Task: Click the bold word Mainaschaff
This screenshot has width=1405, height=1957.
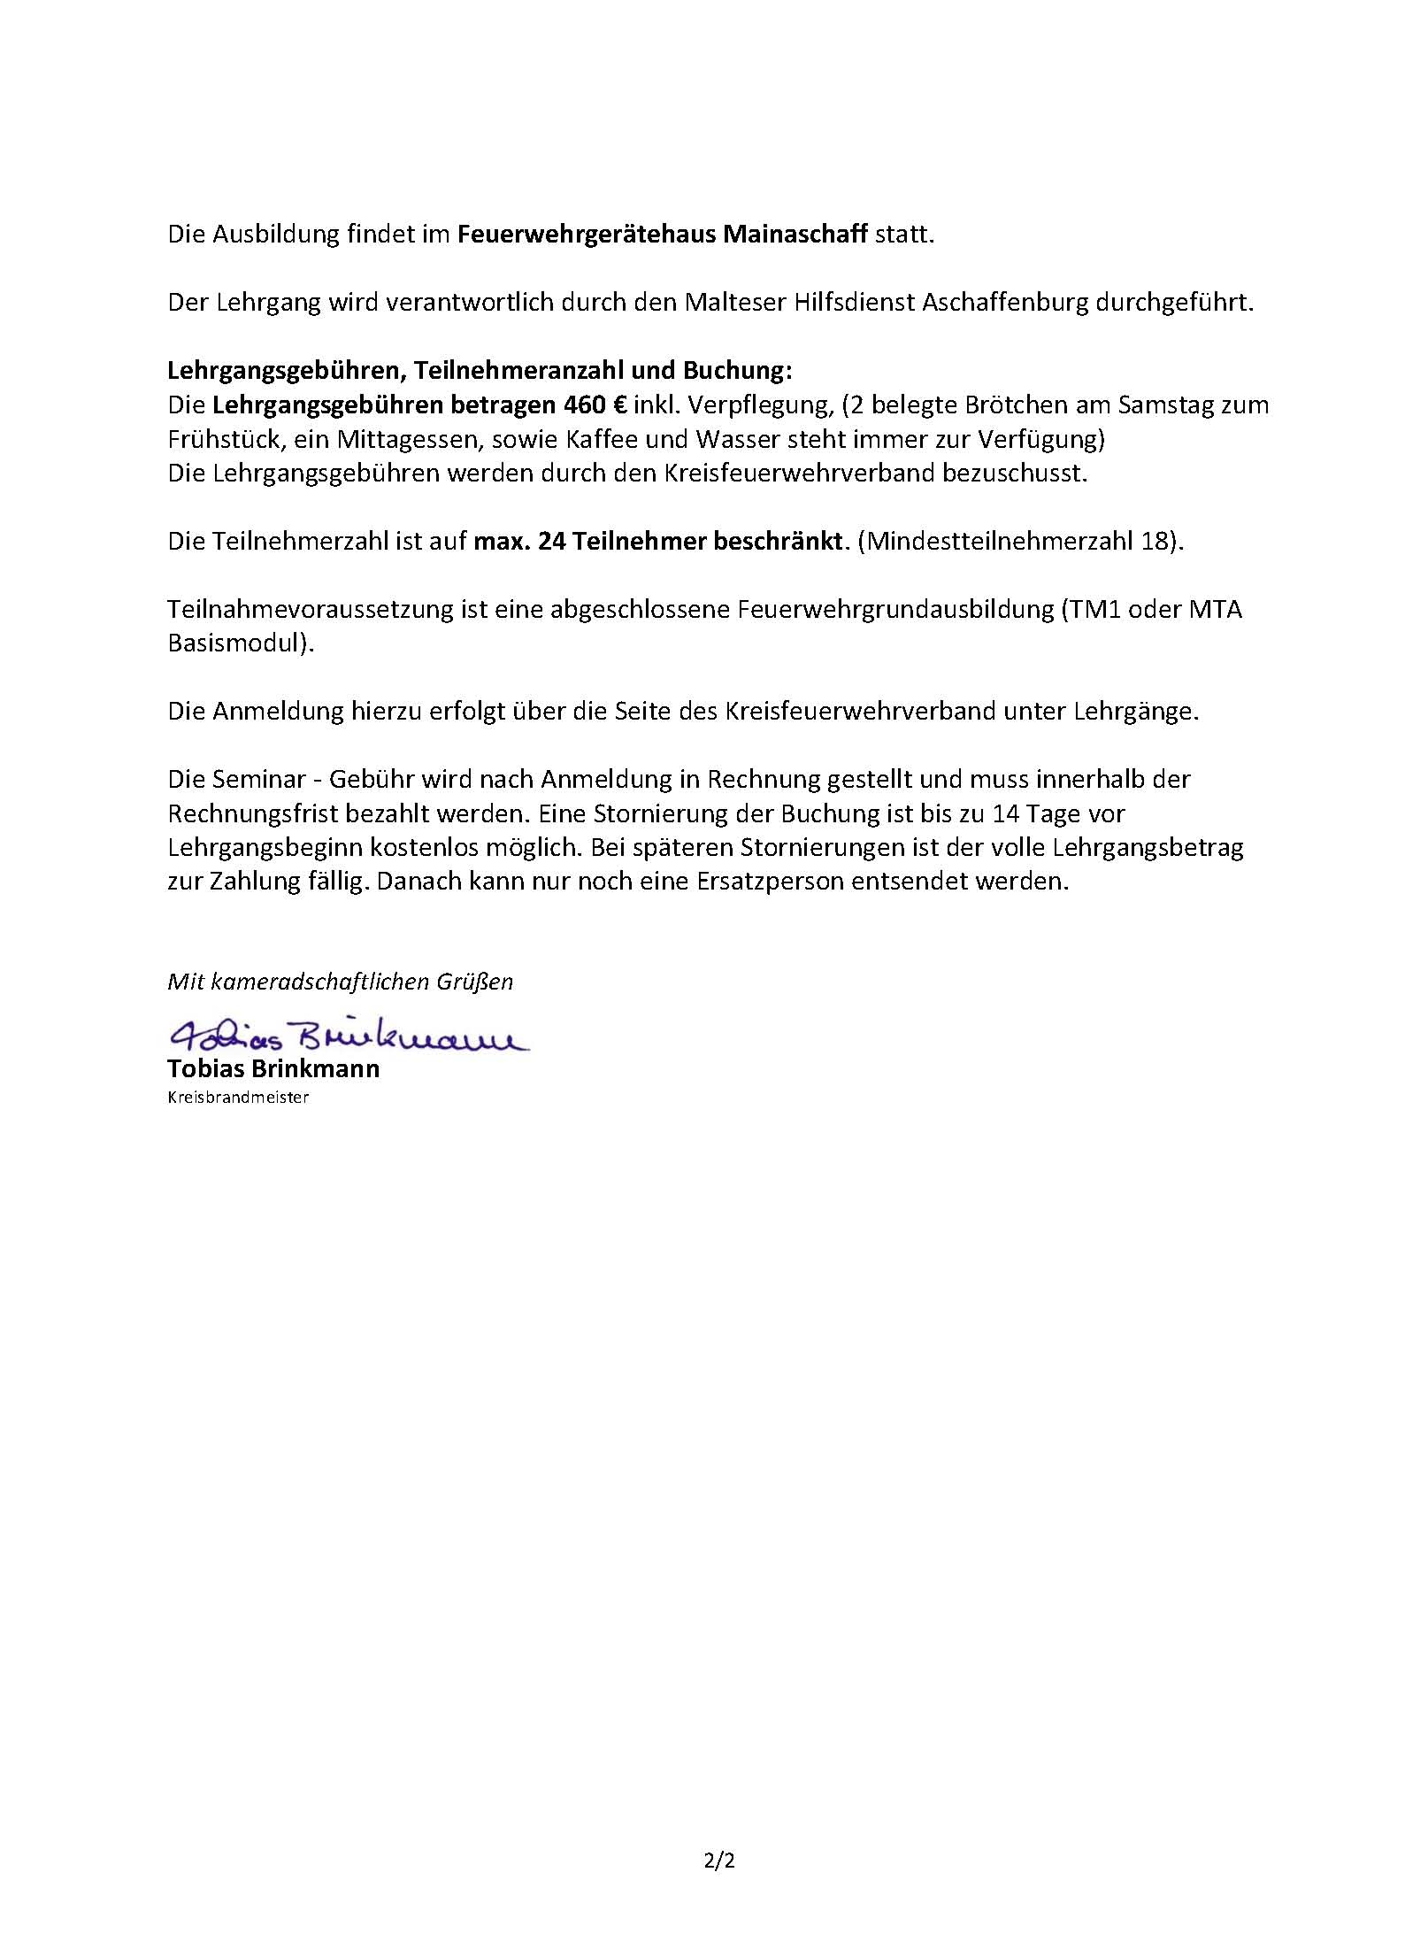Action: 795,235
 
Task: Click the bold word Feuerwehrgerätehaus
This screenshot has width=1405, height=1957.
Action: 587,235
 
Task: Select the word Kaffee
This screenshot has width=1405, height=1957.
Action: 597,439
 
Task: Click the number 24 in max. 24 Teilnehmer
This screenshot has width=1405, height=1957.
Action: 552,541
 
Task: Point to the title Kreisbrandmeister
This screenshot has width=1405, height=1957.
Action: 238,1098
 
